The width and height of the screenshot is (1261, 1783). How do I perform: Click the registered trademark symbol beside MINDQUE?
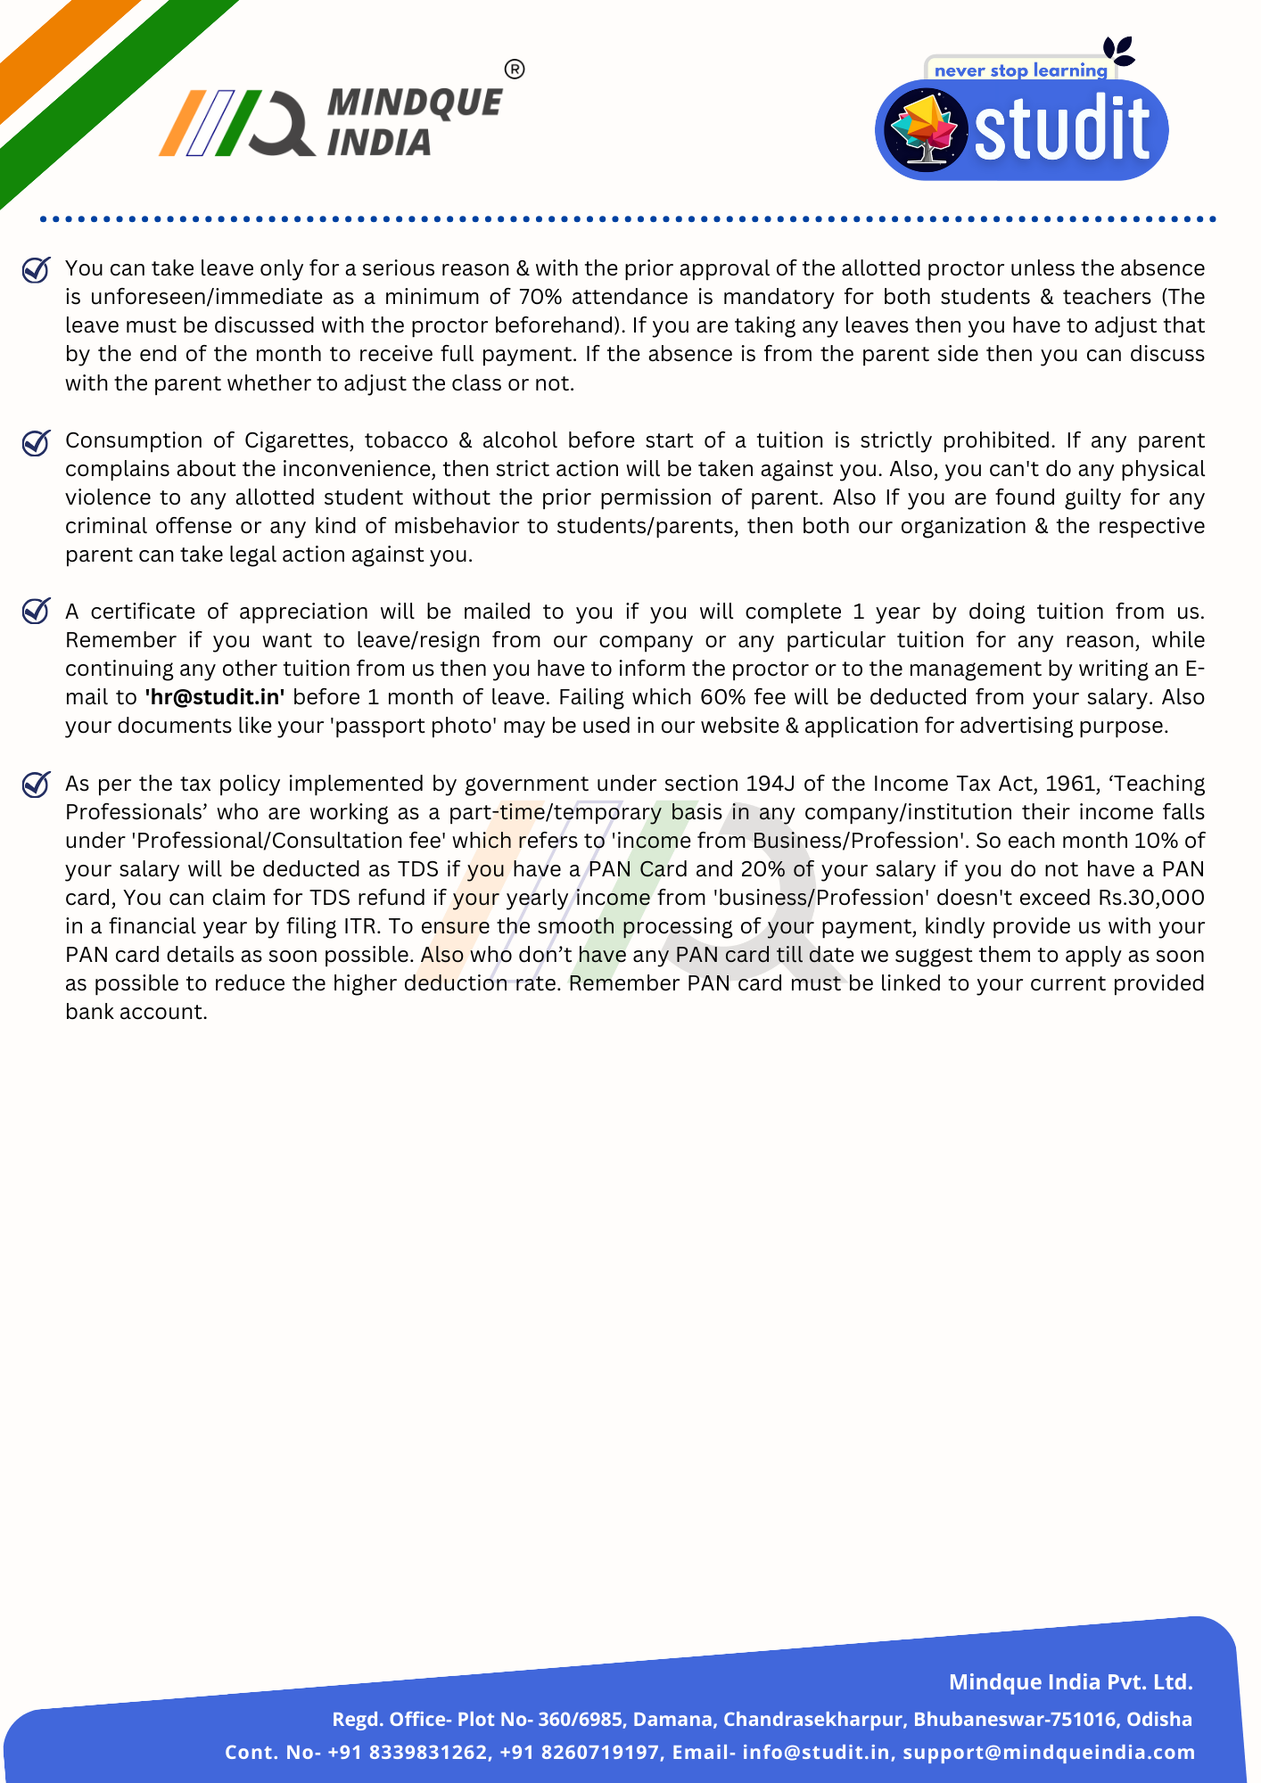[x=515, y=70]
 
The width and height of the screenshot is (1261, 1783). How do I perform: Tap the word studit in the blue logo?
[x=1061, y=131]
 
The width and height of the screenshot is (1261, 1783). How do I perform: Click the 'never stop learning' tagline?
[x=1020, y=70]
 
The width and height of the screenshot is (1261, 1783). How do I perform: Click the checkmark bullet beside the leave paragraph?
[x=36, y=269]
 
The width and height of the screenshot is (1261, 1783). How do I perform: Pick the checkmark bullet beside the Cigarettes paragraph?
[x=36, y=441]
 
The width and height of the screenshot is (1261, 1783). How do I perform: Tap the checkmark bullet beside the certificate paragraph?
[x=36, y=612]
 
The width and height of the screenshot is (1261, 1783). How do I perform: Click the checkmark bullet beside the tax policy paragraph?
[x=36, y=785]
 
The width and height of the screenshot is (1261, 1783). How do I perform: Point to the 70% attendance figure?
[x=540, y=297]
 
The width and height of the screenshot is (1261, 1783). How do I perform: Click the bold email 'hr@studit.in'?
[x=214, y=697]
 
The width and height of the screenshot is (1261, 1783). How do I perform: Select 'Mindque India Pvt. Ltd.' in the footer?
[x=1070, y=1682]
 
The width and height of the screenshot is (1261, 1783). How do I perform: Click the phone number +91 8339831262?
[x=408, y=1753]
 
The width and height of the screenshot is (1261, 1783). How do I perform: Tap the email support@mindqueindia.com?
[x=1049, y=1753]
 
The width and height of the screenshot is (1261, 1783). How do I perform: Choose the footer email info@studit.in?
[x=816, y=1753]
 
